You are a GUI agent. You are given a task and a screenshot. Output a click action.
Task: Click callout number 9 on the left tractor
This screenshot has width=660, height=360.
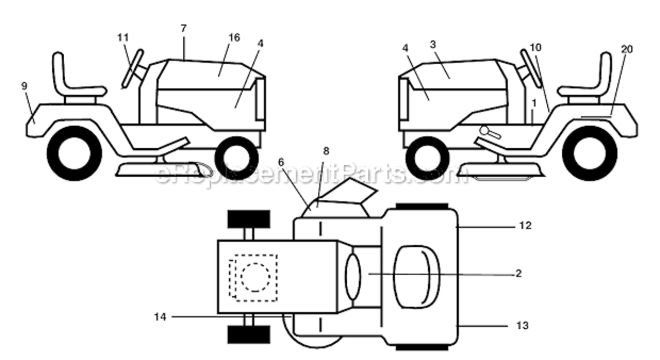[24, 86]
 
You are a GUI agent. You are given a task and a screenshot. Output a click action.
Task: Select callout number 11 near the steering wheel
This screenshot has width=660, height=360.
[123, 38]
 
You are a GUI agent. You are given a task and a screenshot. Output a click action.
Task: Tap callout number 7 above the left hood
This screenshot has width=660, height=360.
[184, 29]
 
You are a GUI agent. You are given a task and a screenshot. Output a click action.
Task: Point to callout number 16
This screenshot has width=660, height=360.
[234, 37]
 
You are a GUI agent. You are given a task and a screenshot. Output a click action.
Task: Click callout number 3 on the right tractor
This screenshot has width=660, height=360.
[433, 45]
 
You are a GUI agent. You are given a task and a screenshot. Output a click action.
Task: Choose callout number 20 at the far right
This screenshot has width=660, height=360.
[627, 49]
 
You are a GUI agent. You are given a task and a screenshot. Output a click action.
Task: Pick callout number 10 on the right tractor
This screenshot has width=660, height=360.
[536, 47]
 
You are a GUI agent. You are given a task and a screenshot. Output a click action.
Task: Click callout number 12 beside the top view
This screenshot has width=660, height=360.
[525, 226]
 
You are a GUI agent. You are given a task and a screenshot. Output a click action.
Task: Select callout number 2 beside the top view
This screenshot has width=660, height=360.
[519, 274]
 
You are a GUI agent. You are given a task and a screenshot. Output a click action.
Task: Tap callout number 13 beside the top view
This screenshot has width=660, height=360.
[522, 326]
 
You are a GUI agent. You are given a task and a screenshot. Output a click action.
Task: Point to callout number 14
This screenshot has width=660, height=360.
[160, 317]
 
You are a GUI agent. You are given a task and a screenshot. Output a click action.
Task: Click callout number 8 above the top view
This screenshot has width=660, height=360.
[326, 151]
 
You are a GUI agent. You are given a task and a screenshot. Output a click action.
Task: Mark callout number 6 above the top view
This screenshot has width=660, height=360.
[281, 162]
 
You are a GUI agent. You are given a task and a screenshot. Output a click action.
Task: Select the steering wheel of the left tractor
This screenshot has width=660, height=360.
[132, 69]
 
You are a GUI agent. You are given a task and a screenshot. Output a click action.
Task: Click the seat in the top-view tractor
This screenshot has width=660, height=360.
[417, 277]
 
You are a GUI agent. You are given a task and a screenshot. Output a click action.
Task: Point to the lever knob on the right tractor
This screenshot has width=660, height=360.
[484, 130]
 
